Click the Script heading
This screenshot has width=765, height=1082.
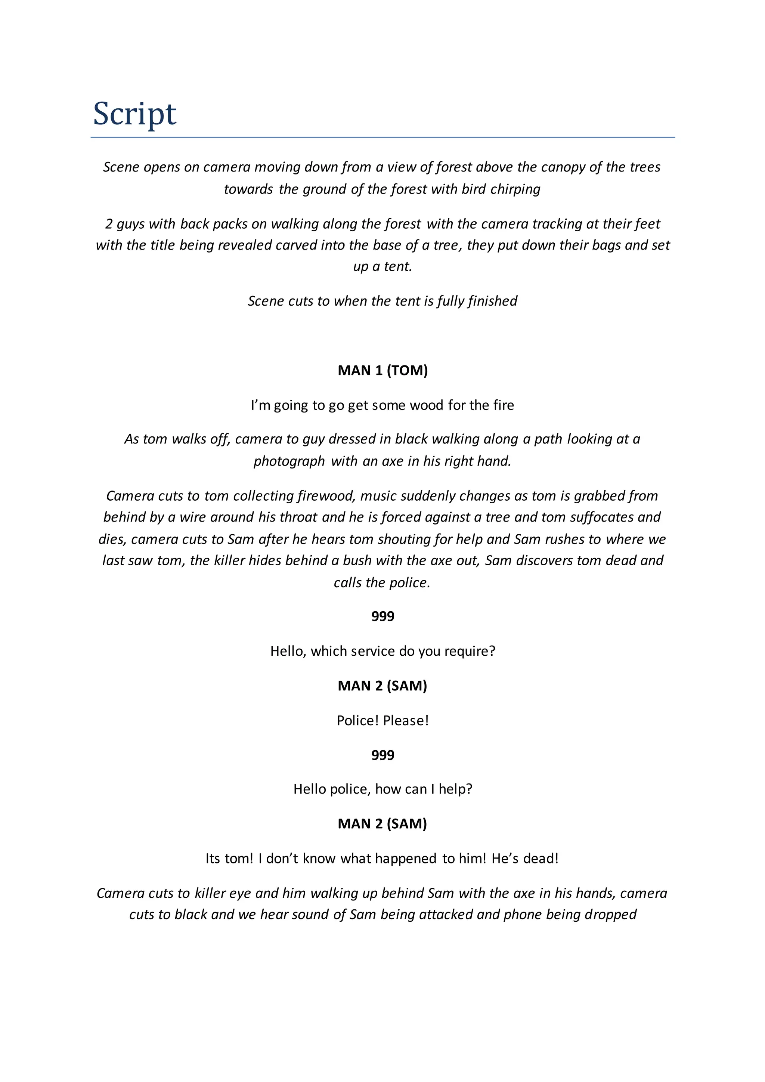click(x=135, y=114)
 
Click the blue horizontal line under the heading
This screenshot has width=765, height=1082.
click(x=382, y=137)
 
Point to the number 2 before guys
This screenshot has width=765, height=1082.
click(x=109, y=223)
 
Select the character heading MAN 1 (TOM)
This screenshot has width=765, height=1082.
click(x=382, y=370)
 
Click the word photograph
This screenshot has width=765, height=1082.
click(x=289, y=461)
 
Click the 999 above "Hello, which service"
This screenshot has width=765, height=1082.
click(x=382, y=616)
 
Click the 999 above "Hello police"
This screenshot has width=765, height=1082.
click(x=382, y=755)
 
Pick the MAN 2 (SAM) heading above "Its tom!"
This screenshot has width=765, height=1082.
click(x=382, y=824)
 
